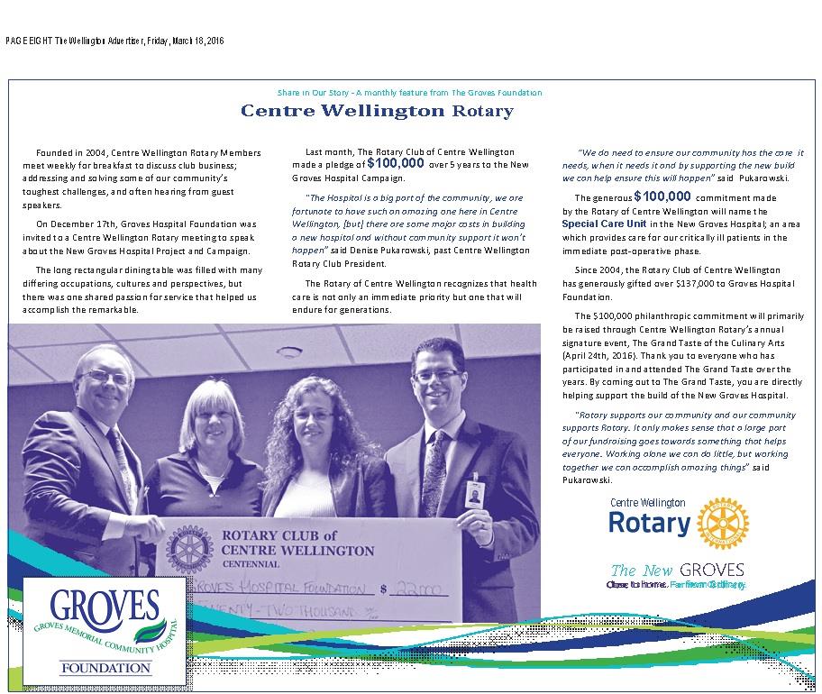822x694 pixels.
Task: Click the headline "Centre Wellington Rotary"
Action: [377, 111]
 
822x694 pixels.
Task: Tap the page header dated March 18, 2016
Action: [114, 41]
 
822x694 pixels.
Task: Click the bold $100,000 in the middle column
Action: [396, 164]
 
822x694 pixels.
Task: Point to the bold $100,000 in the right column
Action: [662, 196]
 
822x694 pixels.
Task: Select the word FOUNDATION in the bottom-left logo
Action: [106, 668]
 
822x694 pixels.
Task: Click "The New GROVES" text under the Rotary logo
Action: [677, 570]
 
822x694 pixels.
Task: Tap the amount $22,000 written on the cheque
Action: [420, 590]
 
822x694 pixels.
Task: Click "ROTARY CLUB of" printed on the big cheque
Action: [266, 534]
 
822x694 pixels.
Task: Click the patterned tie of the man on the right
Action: [434, 469]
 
